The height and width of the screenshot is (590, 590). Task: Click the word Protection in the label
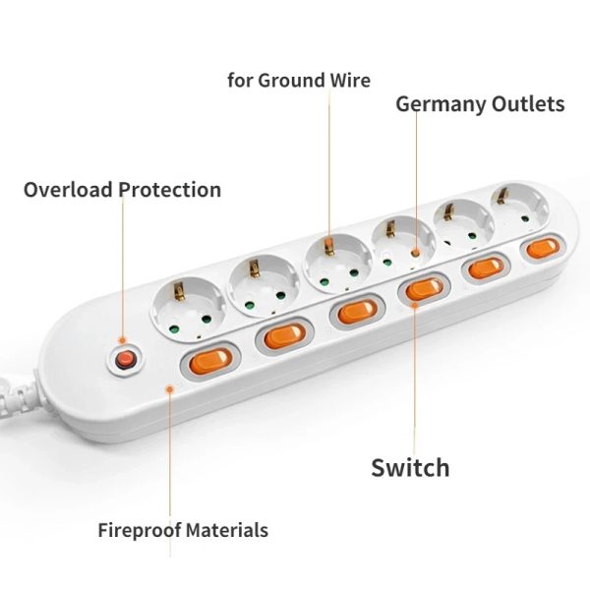pyautogui.click(x=170, y=190)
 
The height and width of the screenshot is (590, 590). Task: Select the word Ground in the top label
pyautogui.click(x=295, y=81)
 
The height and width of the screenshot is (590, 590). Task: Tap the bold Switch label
pyautogui.click(x=410, y=467)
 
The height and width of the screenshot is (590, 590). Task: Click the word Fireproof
pyautogui.click(x=142, y=531)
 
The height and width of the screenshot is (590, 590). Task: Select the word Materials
pyautogui.click(x=229, y=531)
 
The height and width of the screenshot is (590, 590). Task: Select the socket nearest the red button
pyautogui.click(x=186, y=306)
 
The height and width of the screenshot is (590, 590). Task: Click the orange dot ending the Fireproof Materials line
pyautogui.click(x=171, y=388)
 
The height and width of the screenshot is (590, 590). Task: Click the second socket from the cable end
pyautogui.click(x=262, y=285)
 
